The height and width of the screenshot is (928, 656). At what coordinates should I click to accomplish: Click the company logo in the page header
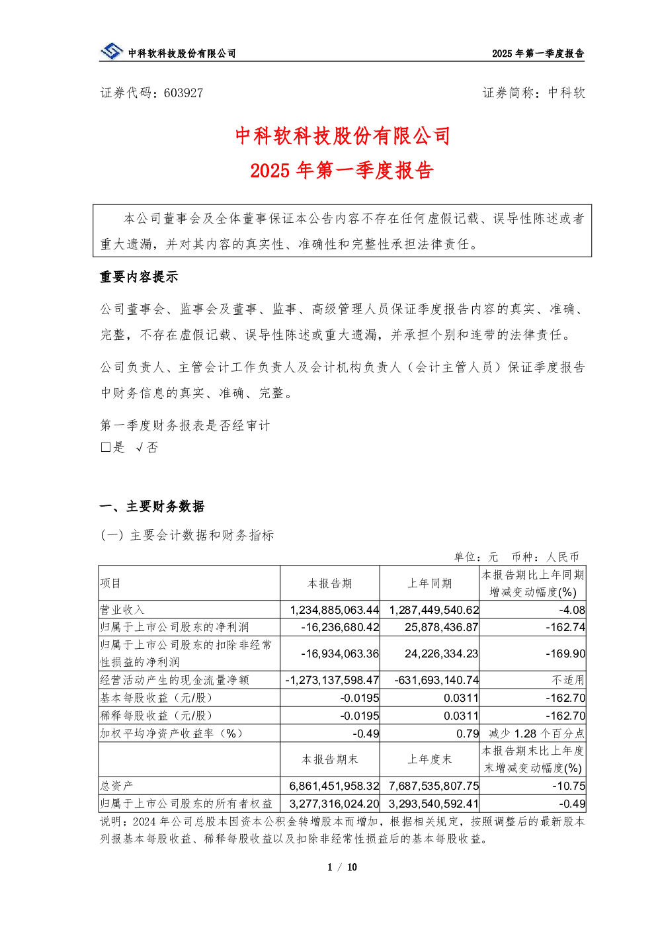[111, 52]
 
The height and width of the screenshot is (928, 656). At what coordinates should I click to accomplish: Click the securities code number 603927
[183, 93]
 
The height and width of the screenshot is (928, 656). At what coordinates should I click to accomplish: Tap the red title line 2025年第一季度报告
[342, 170]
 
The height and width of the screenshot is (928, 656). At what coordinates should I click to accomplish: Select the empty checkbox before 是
[105, 447]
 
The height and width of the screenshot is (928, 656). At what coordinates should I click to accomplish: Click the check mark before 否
[140, 447]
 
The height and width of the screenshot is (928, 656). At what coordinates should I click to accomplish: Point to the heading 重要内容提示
[139, 276]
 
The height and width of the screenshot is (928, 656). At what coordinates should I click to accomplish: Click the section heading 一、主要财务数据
[152, 506]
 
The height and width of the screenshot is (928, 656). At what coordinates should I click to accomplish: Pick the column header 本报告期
[330, 583]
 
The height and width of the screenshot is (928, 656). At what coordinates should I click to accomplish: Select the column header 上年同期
[429, 583]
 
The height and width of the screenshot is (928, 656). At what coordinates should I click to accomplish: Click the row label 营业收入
[122, 610]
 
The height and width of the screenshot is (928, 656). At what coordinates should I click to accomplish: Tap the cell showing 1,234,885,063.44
[334, 610]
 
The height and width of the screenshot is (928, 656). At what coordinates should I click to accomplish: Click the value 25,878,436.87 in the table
[442, 627]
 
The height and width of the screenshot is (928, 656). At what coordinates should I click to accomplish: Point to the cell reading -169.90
[565, 654]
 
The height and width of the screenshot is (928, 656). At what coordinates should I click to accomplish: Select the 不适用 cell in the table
[568, 680]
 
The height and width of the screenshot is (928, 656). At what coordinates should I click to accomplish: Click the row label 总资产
[117, 786]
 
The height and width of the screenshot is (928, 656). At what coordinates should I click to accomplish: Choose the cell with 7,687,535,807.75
[434, 786]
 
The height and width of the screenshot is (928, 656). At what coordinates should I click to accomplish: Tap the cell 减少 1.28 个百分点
[537, 734]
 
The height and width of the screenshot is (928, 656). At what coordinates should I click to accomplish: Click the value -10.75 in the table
[569, 786]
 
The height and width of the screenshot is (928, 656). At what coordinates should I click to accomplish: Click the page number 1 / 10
[342, 867]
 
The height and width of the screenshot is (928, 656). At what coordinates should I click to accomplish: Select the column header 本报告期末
[330, 759]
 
